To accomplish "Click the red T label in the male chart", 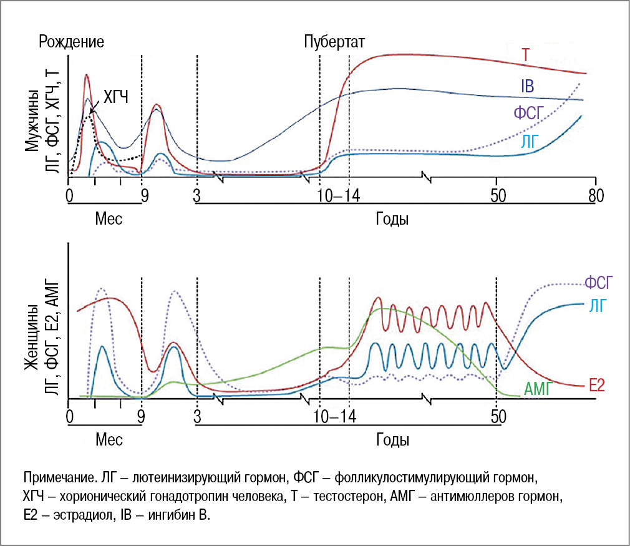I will [526, 55].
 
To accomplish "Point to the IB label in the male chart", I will [526, 86].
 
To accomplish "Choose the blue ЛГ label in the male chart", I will [530, 142].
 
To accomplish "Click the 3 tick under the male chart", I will [196, 195].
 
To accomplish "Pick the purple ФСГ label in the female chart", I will [600, 283].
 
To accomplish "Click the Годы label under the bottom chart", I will [392, 440].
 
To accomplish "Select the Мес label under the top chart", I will [109, 219].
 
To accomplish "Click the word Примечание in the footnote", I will [57, 479].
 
